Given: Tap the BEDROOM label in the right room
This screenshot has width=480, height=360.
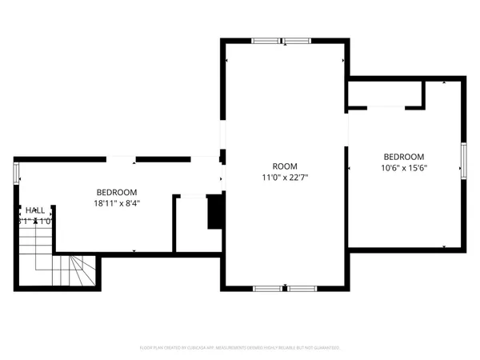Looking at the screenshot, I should point(403,157).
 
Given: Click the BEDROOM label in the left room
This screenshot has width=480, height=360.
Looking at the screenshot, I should point(117,192).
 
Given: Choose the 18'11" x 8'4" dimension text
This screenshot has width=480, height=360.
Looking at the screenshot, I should point(117,203).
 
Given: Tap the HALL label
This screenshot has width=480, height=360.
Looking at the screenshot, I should point(28,210).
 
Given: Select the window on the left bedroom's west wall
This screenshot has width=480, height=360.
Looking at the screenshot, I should point(16,174).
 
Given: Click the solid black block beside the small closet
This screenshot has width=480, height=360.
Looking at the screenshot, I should point(214,212).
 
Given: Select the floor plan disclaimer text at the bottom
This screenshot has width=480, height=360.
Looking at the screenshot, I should point(240,348).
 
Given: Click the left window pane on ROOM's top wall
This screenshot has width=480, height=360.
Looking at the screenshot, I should point(265,40).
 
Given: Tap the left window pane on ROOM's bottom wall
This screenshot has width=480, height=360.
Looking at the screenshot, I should point(267,287).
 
